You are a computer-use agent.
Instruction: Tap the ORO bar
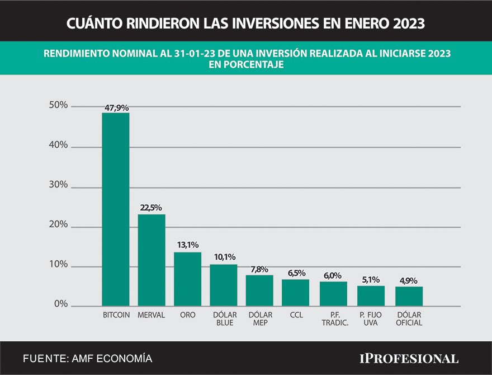pos(188,278)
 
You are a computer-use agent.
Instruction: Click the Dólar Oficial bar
pos(409,296)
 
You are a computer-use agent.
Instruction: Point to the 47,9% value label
pos(116,108)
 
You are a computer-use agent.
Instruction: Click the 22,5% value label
pos(151,208)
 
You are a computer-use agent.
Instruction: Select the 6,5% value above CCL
pos(296,273)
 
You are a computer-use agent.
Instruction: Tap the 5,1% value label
pos(372,280)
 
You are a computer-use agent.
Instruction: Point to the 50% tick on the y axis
pos(59,105)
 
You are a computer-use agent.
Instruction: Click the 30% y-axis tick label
pos(59,185)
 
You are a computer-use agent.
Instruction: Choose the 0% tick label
pos(61,304)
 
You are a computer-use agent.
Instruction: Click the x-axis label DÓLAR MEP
pos(260,319)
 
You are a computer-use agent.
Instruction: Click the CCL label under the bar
pos(296,315)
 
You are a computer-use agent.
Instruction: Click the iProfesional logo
pos(408,358)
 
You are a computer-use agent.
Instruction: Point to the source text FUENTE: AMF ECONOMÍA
pos(88,358)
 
